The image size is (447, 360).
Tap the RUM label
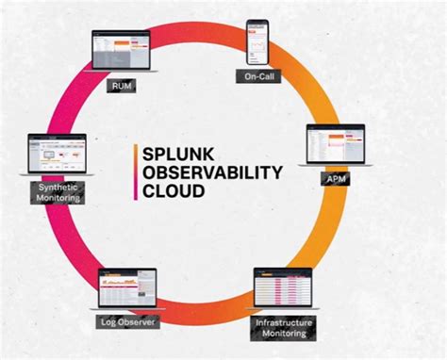coord(121,87)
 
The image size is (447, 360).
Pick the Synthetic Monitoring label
coord(58,191)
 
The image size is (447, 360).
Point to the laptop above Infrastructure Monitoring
coord(282,289)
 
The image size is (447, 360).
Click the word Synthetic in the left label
coord(58,186)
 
